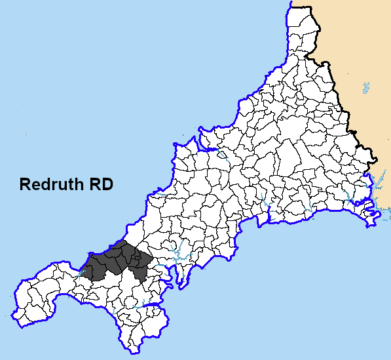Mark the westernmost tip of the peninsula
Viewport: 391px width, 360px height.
[x=14, y=308]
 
